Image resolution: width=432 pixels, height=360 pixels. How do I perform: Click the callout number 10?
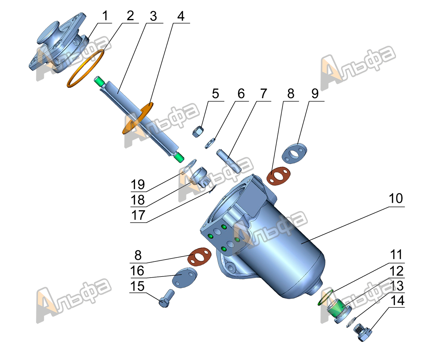[x=396, y=199]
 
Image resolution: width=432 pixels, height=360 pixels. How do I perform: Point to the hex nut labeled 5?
[x=198, y=132]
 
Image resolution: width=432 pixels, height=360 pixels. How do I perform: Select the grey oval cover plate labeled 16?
[x=185, y=277]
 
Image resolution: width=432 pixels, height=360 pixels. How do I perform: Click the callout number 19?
[x=138, y=185]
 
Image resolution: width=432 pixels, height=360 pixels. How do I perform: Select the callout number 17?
[x=138, y=215]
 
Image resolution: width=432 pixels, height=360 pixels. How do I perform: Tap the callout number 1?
[x=105, y=16]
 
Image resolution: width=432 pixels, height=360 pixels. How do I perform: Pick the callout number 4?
[x=180, y=16]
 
